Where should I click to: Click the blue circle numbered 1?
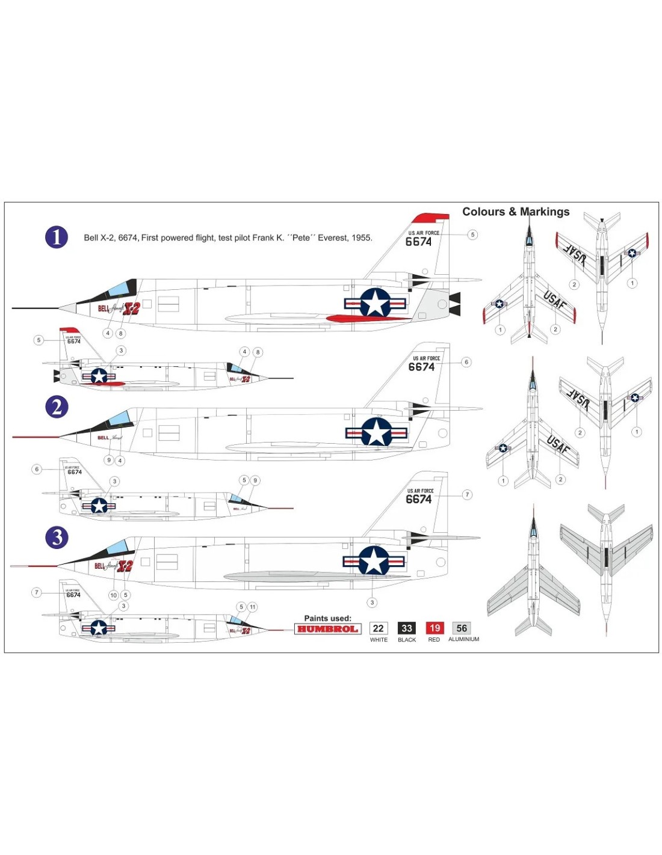tap(57, 237)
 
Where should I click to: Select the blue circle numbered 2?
tap(57, 407)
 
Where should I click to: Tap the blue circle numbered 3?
tap(57, 537)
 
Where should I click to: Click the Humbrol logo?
tap(327, 629)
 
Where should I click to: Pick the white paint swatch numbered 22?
tap(379, 628)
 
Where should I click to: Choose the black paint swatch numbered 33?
tap(407, 628)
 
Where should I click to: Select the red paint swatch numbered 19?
tap(435, 628)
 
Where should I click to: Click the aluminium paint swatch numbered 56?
tap(462, 628)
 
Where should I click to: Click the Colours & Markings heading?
tap(516, 212)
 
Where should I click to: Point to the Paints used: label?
tap(327, 618)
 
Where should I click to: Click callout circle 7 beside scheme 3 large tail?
tap(467, 495)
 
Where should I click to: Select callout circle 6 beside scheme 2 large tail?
tap(466, 362)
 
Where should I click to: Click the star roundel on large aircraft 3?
tap(374, 561)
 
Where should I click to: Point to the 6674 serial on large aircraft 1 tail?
tap(418, 242)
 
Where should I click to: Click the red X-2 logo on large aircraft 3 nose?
tap(125, 566)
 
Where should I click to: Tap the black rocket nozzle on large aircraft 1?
tap(454, 304)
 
